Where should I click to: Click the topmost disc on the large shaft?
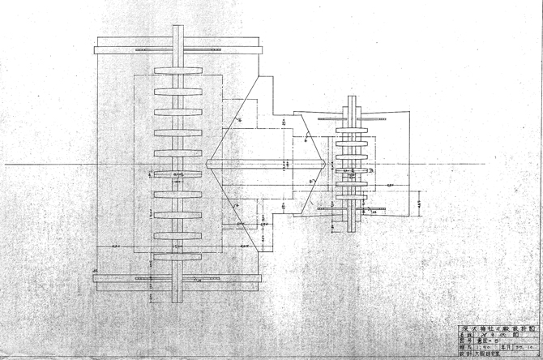(177, 70)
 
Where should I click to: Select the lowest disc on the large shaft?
(177, 257)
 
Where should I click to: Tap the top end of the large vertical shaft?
(177, 28)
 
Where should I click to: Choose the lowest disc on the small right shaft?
(353, 208)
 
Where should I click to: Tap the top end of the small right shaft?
(353, 98)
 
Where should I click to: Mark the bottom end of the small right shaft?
(353, 230)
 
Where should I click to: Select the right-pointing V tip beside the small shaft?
(327, 165)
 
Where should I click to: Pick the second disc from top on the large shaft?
(177, 90)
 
